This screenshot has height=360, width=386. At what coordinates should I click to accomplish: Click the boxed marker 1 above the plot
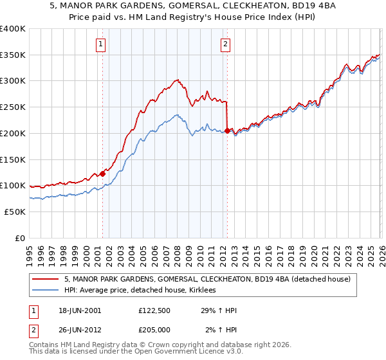[x=102, y=44]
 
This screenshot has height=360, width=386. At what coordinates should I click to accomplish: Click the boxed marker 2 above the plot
[x=226, y=44]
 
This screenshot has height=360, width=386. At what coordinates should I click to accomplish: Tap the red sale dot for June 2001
[x=102, y=174]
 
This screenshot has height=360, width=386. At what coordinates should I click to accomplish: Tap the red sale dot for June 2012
[x=227, y=130]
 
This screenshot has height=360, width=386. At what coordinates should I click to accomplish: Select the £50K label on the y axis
[x=13, y=212]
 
